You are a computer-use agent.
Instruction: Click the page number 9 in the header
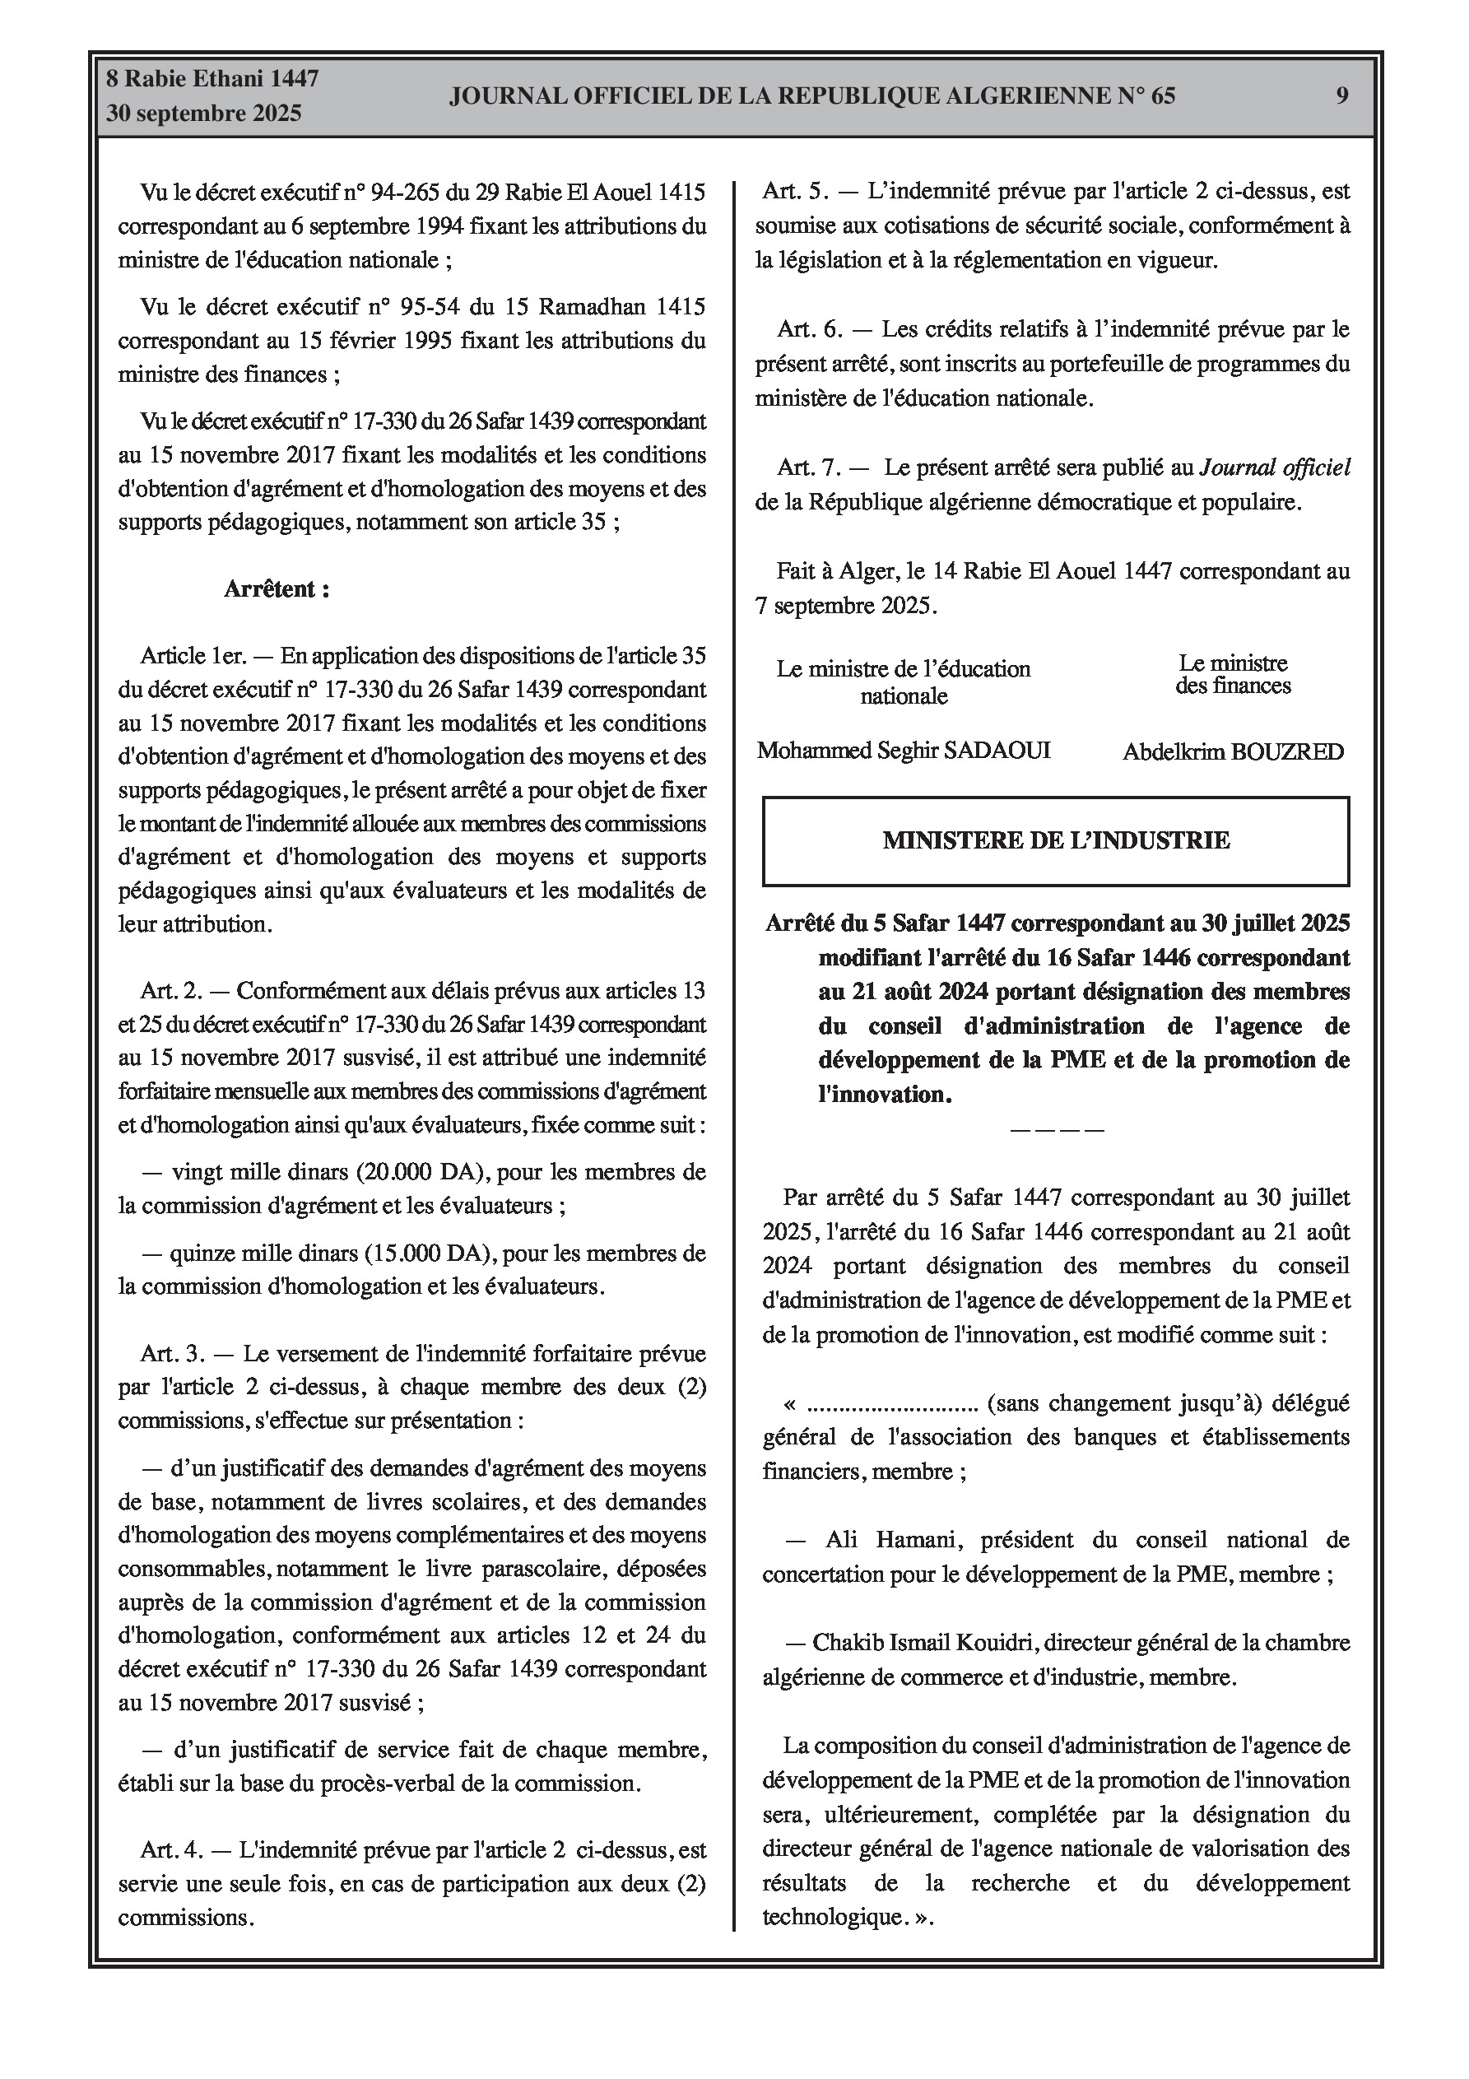(1341, 96)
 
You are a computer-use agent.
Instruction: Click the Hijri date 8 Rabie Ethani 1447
(212, 79)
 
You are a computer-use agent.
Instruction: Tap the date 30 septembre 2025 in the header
(204, 114)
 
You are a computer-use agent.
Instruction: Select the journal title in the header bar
(811, 96)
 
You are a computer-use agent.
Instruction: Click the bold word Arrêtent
(277, 589)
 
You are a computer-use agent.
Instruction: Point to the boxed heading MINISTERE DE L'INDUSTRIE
(1056, 840)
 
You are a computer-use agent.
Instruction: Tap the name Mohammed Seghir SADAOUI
(903, 751)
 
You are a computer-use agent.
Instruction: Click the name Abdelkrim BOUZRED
(1233, 751)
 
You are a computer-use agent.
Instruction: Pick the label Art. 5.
(793, 192)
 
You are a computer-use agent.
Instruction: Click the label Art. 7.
(809, 468)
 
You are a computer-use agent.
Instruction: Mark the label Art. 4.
(172, 1851)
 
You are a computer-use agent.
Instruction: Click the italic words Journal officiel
(1274, 468)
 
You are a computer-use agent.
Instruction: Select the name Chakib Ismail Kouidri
(923, 1643)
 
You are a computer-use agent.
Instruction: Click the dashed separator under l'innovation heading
(1056, 1130)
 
